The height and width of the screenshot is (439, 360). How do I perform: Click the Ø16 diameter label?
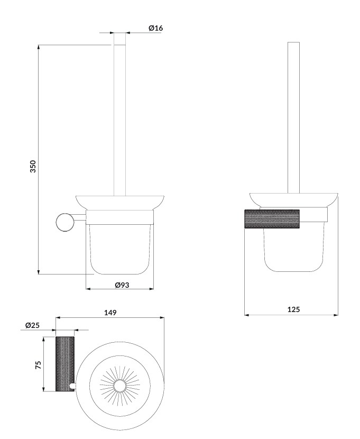click(155, 28)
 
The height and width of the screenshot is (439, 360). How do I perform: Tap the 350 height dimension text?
click(33, 166)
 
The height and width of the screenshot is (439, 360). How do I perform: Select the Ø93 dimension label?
click(122, 285)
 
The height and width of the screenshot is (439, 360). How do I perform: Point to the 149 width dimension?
click(110, 313)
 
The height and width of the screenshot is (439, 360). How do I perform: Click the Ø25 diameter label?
click(32, 325)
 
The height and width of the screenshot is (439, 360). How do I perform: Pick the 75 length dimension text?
click(38, 364)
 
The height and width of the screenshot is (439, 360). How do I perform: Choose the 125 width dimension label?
click(293, 309)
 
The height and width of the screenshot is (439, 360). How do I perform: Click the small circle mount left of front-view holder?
click(65, 222)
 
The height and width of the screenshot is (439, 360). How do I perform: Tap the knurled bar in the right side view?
click(272, 218)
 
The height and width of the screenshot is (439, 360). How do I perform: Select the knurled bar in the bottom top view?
click(65, 364)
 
